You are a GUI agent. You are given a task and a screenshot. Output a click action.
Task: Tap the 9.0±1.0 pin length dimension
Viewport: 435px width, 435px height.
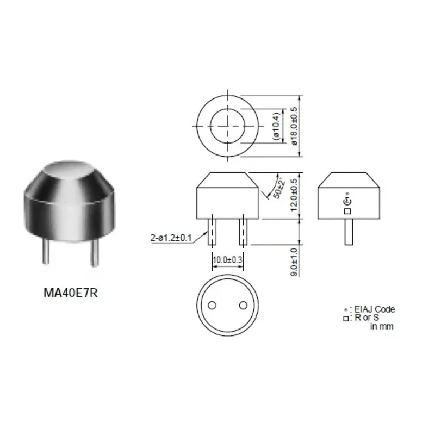click(x=294, y=261)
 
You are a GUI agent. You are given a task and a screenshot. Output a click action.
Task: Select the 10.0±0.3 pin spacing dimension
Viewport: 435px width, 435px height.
click(x=227, y=260)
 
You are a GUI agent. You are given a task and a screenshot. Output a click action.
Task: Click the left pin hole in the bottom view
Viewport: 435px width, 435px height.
click(x=212, y=304)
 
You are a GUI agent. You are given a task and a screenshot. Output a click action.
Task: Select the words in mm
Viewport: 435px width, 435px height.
click(x=382, y=326)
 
